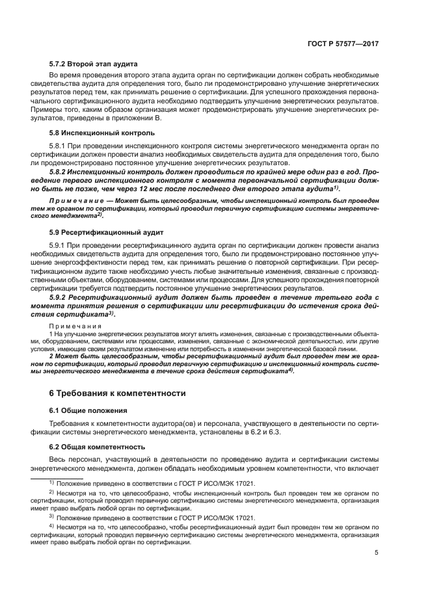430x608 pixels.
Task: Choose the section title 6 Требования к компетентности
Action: tap(118, 393)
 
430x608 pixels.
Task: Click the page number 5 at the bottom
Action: tap(377, 553)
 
